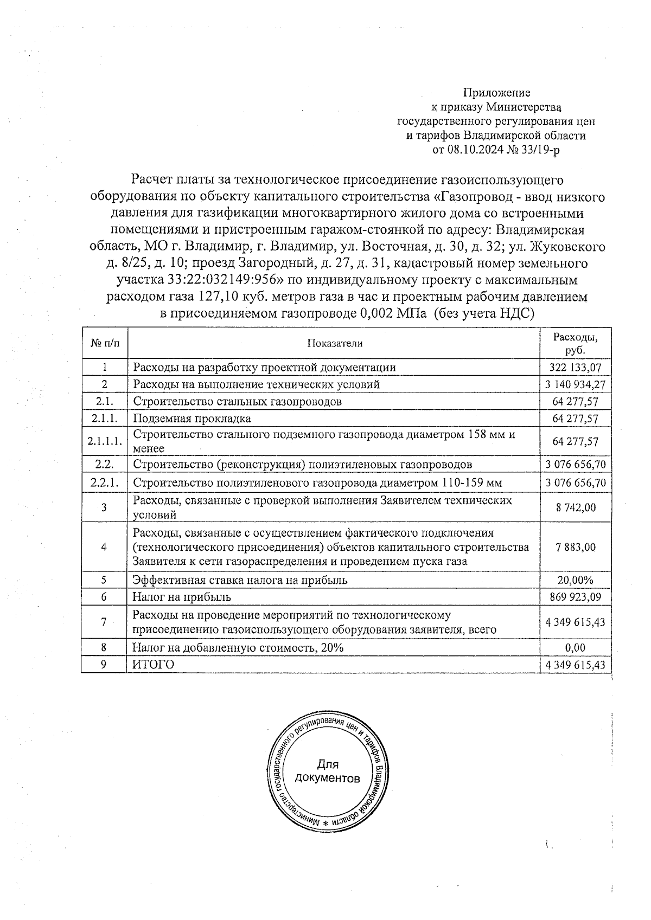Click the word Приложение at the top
(x=496, y=93)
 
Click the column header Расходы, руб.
(x=575, y=343)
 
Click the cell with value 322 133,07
(x=575, y=368)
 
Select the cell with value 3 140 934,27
(x=575, y=385)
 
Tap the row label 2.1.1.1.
(x=104, y=442)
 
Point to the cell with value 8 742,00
(x=575, y=507)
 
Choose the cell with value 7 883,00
(x=575, y=547)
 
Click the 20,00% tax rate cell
(x=575, y=580)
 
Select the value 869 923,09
(x=575, y=597)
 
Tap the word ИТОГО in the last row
(x=154, y=665)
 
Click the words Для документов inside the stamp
(x=327, y=771)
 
